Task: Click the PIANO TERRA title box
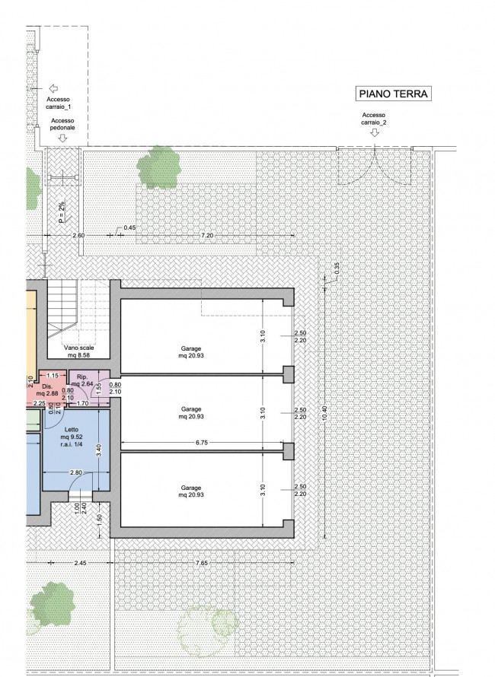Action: coord(394,94)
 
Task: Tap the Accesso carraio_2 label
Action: coord(374,119)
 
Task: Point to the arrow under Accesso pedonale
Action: coord(62,138)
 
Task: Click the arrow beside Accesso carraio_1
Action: coord(53,88)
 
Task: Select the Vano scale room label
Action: coord(78,351)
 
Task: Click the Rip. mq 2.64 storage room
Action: coord(81,380)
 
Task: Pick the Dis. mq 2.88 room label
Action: coord(47,390)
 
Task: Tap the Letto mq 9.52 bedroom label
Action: coord(72,437)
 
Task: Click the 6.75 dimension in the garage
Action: coord(202,443)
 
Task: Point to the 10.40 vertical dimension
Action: coord(324,413)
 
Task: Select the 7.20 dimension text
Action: coord(207,235)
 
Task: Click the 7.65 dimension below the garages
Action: coord(202,563)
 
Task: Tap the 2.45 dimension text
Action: coord(81,563)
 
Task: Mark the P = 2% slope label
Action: coord(62,212)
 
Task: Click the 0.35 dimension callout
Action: coord(337,268)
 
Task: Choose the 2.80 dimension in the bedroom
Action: coord(76,472)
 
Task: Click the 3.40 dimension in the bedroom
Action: coord(99,451)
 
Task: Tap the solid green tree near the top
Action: coord(158,167)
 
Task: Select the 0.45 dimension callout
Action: coord(129,227)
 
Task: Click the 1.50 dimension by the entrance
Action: coord(99,520)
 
